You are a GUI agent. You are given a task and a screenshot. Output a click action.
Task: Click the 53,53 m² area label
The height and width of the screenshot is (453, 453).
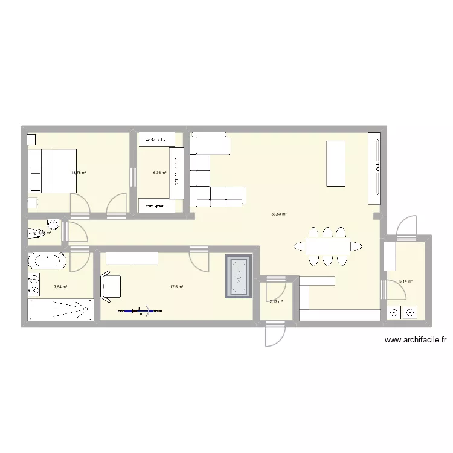pos(279,214)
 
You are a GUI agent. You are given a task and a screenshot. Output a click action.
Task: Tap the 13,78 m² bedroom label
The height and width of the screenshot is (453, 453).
pos(79,173)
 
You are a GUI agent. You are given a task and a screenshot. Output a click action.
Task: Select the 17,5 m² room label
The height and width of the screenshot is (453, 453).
pos(176,287)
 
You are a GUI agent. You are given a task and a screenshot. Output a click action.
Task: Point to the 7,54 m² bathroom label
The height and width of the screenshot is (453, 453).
pos(60,287)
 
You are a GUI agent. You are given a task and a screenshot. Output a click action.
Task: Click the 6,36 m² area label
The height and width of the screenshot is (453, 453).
pos(159,172)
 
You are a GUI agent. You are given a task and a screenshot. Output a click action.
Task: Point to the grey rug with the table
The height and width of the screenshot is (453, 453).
pos(239,277)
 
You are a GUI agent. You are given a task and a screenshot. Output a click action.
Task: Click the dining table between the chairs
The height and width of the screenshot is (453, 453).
pos(327,246)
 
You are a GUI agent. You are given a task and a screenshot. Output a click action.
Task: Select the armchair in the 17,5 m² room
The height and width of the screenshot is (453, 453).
pos(110,286)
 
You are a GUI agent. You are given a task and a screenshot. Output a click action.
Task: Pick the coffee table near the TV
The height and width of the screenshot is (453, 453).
pos(336,163)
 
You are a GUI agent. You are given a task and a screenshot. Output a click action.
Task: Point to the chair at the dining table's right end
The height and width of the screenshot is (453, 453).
pos(358,246)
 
